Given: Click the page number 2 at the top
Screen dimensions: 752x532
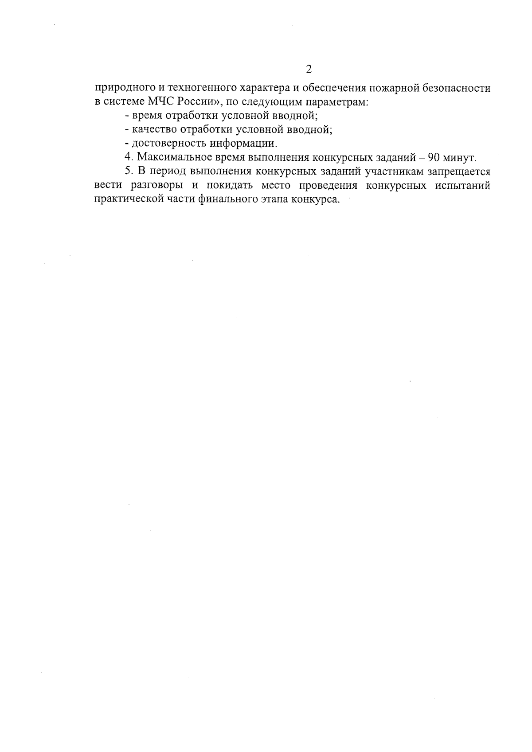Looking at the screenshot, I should pos(309,69).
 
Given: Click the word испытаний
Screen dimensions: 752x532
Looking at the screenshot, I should pos(464,185).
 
